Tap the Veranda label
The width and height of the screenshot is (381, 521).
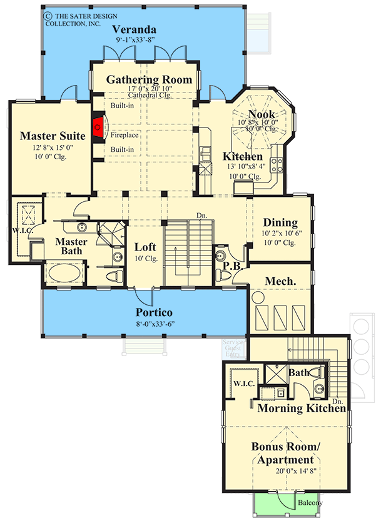coord(134,29)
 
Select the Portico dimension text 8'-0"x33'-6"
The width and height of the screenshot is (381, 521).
coord(153,324)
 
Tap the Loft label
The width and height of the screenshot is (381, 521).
coord(145,247)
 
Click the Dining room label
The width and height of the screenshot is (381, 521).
coord(280,222)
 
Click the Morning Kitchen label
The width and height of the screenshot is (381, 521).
coord(302,409)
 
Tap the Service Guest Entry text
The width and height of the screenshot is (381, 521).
coord(233,349)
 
